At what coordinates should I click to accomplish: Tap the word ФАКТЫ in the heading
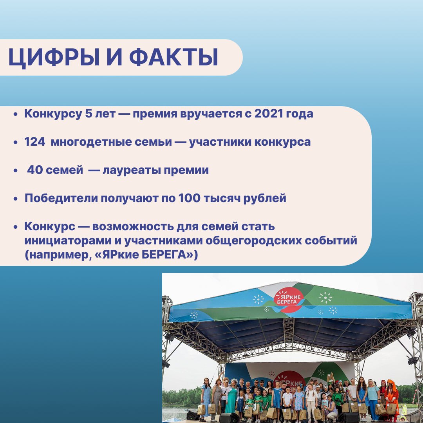pos(174,57)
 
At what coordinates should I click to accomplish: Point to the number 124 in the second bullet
pos(35,142)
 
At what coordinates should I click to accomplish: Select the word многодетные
pos(111,142)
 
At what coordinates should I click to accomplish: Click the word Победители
pos(61,198)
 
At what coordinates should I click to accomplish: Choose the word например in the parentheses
pos(58,255)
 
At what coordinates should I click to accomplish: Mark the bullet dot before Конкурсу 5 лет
pos(16,114)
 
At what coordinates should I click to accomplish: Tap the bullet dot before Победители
pos(16,199)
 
